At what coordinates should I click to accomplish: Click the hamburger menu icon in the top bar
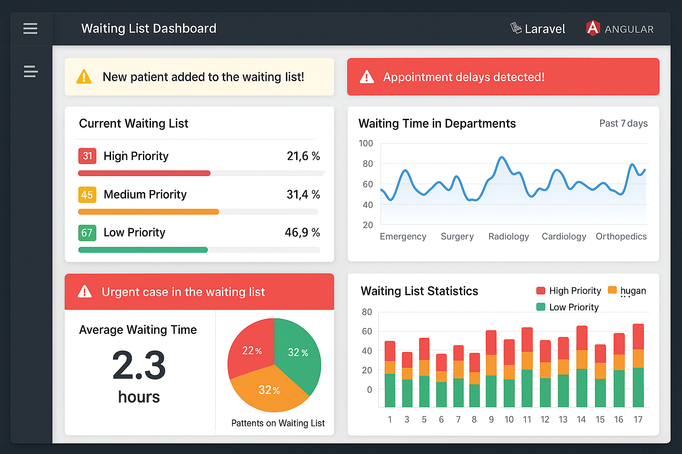tap(30, 29)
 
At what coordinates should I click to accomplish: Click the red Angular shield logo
tap(593, 28)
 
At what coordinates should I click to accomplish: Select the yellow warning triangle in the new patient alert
tap(84, 77)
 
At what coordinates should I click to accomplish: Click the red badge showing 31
tap(87, 156)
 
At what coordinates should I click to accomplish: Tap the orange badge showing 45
tap(87, 195)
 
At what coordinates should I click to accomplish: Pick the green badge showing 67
tap(87, 233)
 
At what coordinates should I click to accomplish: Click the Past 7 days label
tap(623, 124)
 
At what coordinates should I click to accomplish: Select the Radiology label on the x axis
tap(508, 237)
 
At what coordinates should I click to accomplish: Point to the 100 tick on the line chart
tap(366, 144)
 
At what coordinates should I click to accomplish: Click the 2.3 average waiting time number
tap(139, 366)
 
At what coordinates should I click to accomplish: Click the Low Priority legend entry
tap(573, 307)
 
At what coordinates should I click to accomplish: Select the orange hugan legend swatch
tap(612, 290)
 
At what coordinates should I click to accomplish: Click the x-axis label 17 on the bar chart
tap(638, 419)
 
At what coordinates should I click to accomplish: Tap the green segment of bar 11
tap(527, 388)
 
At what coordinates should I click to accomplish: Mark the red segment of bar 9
tap(491, 342)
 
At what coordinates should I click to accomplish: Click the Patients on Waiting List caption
tap(278, 423)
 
